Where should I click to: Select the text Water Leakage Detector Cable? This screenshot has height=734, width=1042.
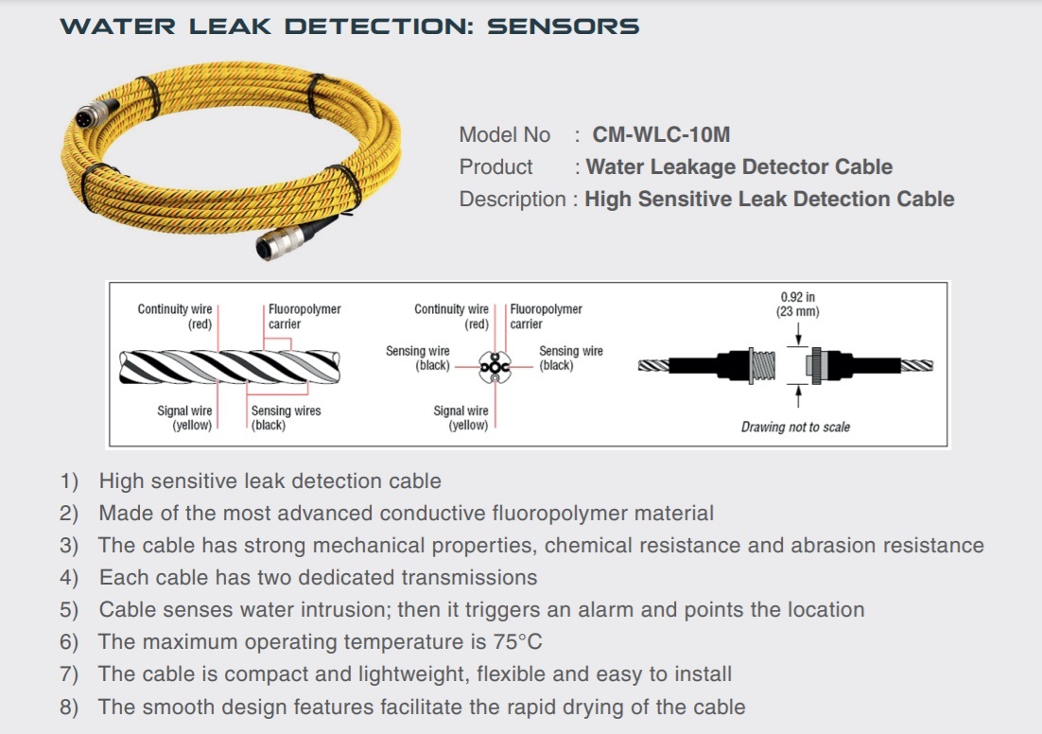[738, 167]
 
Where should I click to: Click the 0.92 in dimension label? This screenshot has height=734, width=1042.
[797, 297]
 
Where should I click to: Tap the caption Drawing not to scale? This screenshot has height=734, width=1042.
[795, 428]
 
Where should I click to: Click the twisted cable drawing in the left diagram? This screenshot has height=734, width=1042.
[230, 367]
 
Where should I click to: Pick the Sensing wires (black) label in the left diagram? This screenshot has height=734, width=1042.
[285, 418]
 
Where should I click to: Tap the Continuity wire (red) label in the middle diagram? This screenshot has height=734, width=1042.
[451, 316]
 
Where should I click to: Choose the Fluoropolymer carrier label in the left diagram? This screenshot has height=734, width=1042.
[304, 316]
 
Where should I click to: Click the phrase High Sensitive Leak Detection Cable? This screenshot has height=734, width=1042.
[769, 200]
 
